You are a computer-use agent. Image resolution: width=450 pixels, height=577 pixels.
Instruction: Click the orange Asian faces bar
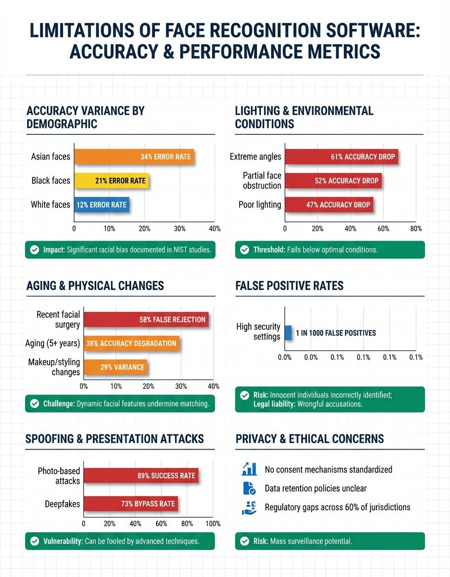(134, 157)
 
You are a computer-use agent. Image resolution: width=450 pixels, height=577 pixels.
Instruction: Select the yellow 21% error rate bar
(111, 181)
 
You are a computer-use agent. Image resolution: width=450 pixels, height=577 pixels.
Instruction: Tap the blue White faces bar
(102, 205)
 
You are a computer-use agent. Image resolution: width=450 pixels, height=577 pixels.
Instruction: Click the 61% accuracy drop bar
(341, 157)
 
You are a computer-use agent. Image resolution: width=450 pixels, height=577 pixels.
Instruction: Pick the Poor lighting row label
(260, 205)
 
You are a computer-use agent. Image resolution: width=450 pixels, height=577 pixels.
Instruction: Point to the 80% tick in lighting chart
(416, 229)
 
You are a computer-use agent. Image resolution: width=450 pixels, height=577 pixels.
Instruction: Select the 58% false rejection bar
(146, 320)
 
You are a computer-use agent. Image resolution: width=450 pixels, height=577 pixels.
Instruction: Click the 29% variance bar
(115, 367)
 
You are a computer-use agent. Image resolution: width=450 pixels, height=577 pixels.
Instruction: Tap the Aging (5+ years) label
(52, 343)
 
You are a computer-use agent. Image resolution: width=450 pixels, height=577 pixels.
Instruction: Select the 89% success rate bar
(141, 476)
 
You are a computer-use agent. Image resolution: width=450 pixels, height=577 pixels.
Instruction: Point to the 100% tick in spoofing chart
(213, 524)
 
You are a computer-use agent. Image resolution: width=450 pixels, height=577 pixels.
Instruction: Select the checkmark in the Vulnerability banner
(35, 541)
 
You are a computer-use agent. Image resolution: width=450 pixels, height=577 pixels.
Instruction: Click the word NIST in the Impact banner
(177, 250)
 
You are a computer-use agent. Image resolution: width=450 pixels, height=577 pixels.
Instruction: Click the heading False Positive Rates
(289, 286)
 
